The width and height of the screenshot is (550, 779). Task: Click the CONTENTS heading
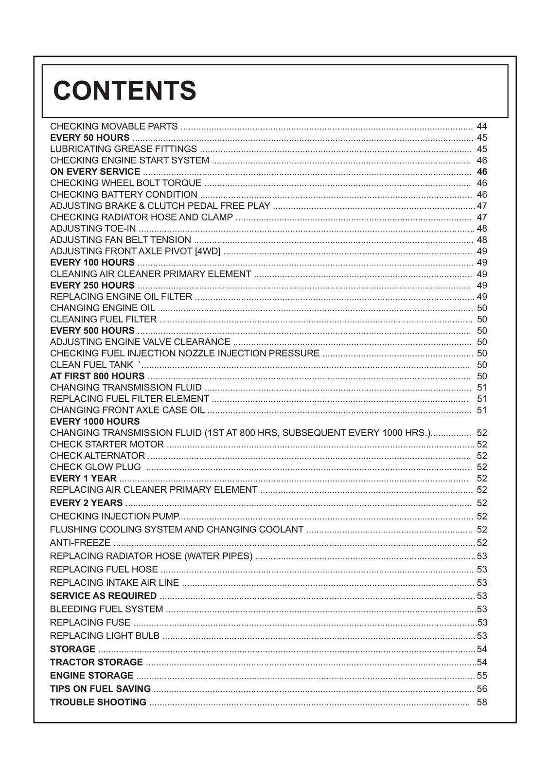(124, 91)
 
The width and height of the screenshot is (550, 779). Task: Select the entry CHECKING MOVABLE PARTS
(114, 127)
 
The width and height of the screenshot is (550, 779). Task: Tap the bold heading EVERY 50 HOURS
(90, 138)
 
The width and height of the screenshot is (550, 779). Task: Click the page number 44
(481, 127)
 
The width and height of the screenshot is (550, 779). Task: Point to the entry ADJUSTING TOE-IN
(93, 228)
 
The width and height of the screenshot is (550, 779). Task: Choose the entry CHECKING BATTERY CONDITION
(124, 194)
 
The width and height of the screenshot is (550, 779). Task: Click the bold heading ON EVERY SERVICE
(95, 172)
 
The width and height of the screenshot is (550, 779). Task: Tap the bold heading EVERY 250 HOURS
(92, 285)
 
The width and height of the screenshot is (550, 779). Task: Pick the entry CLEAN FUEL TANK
(91, 365)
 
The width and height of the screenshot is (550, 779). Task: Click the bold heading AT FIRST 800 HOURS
(97, 376)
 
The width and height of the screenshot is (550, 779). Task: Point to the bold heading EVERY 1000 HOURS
(95, 421)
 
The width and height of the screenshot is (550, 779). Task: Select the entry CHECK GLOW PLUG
(95, 467)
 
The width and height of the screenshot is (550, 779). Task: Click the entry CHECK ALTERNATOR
(97, 456)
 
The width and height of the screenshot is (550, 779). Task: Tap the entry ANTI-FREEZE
(80, 542)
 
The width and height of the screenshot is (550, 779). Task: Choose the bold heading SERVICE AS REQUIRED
(103, 595)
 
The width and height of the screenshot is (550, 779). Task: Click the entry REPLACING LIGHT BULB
(105, 635)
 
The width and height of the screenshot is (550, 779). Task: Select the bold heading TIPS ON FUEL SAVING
(100, 688)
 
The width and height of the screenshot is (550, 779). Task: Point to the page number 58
(481, 702)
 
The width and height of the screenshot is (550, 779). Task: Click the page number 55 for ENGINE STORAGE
(481, 675)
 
